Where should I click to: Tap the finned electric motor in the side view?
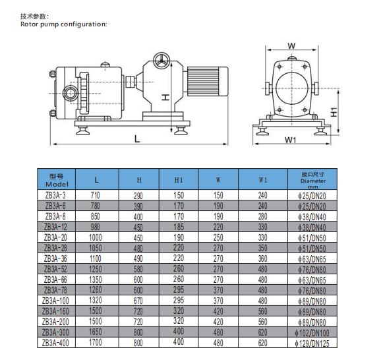(x=208, y=81)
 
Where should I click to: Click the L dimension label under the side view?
(x=137, y=139)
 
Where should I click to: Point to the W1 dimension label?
(x=291, y=140)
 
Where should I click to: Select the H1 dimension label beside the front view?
(x=334, y=112)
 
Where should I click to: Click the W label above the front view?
(x=291, y=45)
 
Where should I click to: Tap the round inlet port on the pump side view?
(x=71, y=93)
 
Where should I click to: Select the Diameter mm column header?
(x=313, y=181)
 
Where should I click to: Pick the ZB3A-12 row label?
(x=55, y=227)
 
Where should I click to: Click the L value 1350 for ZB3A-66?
(x=96, y=280)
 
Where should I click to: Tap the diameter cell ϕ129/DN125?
(x=312, y=343)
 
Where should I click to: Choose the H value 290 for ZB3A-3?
(x=138, y=196)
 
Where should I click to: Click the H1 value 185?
(x=179, y=227)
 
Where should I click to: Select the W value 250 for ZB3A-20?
(x=218, y=237)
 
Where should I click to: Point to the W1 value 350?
(x=263, y=248)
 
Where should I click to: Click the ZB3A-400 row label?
(x=55, y=343)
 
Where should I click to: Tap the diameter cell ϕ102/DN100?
(x=312, y=333)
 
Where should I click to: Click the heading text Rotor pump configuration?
(x=63, y=24)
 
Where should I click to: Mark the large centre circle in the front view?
(x=291, y=88)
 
